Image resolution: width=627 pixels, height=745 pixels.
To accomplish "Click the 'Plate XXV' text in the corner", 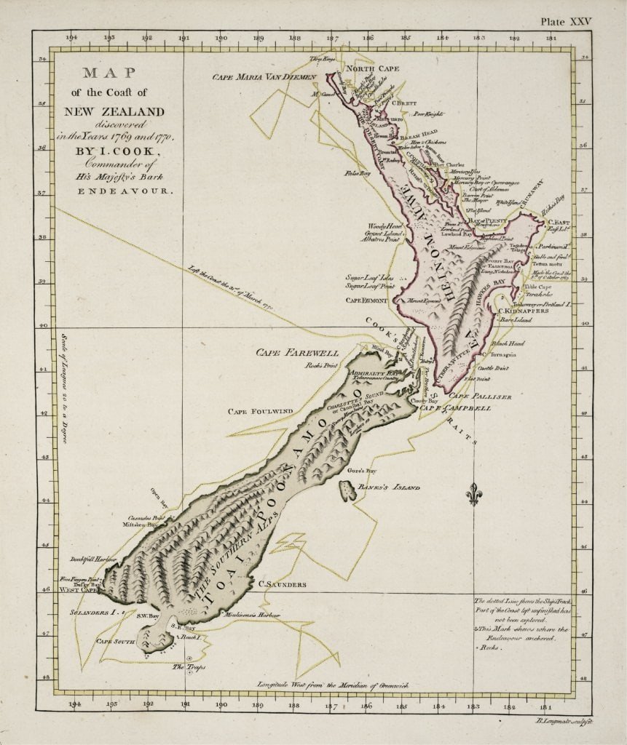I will [567, 22].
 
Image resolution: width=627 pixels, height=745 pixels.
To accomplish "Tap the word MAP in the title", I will [111, 73].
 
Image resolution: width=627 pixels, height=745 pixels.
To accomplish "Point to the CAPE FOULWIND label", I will [260, 411].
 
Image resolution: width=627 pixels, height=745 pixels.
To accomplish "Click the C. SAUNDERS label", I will [282, 583].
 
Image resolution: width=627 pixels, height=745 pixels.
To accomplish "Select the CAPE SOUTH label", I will [116, 642].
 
